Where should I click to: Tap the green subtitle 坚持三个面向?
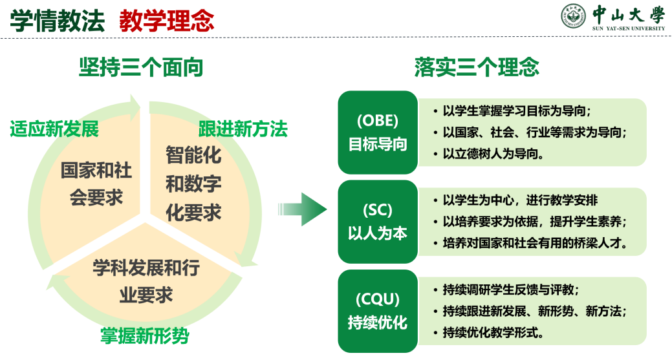click(141, 67)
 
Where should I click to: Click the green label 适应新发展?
click(54, 129)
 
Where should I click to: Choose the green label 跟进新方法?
click(243, 129)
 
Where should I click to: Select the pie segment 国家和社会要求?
click(96, 184)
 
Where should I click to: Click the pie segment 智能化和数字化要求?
click(193, 184)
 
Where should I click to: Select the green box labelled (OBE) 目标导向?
click(378, 132)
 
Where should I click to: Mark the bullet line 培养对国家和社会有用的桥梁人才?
click(535, 244)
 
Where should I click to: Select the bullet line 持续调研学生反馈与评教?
click(511, 290)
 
